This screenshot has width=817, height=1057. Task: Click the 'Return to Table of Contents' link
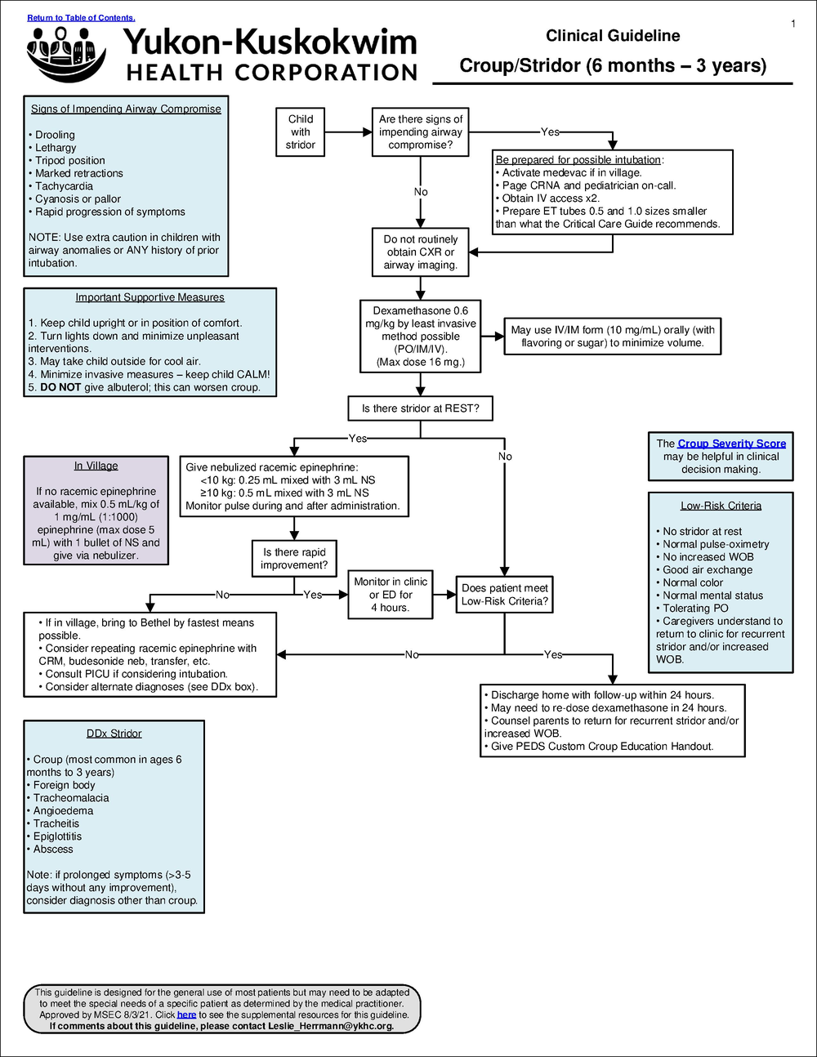coord(81,17)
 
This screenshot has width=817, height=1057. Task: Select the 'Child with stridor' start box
coord(301,132)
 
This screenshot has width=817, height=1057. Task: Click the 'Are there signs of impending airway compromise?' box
coord(420,132)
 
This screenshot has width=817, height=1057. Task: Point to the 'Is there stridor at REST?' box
coord(420,408)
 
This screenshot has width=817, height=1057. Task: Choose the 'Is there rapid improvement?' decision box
coord(294,559)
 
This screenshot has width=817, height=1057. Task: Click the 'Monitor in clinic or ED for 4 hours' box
coord(391,595)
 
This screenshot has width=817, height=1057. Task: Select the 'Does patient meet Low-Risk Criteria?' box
coord(504,595)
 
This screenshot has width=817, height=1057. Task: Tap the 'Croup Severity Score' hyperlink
coord(731,444)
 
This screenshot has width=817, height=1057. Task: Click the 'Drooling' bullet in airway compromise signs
coord(55,135)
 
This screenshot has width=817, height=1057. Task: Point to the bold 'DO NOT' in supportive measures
coord(60,387)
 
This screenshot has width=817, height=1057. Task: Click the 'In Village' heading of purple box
coord(96,466)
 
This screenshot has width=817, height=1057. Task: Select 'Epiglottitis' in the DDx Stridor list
coord(57,836)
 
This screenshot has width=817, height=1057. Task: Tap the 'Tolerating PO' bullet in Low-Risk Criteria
coord(695,609)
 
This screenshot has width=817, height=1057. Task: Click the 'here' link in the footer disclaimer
coord(186,1015)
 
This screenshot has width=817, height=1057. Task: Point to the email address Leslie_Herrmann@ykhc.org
coord(331,1026)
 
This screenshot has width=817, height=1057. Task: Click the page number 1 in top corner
coord(792,24)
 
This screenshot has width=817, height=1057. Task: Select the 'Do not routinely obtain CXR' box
coord(420,252)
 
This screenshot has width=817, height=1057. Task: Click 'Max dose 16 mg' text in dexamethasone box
coord(420,362)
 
